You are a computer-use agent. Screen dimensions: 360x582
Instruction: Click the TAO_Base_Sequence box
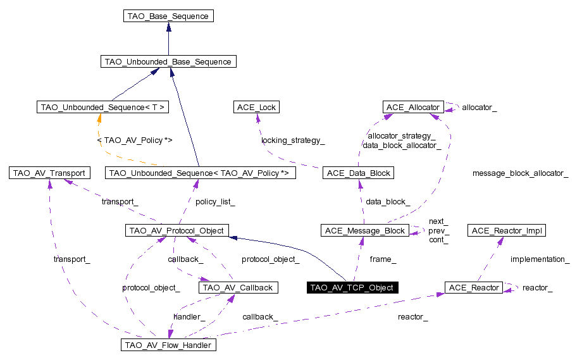pyautogui.click(x=168, y=16)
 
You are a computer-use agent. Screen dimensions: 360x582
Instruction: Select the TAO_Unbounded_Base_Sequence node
pyautogui.click(x=168, y=61)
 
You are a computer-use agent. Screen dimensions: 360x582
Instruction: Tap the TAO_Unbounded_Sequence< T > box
pyautogui.click(x=102, y=107)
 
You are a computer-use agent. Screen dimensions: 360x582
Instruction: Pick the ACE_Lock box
pyautogui.click(x=256, y=107)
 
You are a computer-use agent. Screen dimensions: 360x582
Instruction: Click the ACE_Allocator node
pyautogui.click(x=413, y=107)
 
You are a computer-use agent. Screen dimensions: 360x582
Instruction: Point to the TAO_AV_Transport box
pyautogui.click(x=49, y=173)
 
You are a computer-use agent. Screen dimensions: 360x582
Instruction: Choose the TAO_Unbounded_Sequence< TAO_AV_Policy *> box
pyautogui.click(x=200, y=173)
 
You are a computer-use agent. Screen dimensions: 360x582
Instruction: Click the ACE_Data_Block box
pyautogui.click(x=358, y=173)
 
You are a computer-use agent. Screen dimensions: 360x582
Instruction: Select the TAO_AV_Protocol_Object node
pyautogui.click(x=176, y=230)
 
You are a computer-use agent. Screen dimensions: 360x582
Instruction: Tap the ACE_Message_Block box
pyautogui.click(x=365, y=230)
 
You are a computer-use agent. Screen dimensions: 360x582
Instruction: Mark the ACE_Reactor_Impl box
pyautogui.click(x=506, y=230)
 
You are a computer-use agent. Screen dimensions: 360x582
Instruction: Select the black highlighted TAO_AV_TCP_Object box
pyautogui.click(x=352, y=287)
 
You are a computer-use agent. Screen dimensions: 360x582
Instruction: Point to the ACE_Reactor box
pyautogui.click(x=474, y=287)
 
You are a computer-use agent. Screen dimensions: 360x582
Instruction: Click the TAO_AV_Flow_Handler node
pyautogui.click(x=168, y=345)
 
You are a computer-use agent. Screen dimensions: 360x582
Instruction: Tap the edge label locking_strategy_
pyautogui.click(x=293, y=140)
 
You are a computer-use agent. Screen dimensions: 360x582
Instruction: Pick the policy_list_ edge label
pyautogui.click(x=215, y=202)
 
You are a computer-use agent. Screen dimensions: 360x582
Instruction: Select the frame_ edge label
pyautogui.click(x=383, y=259)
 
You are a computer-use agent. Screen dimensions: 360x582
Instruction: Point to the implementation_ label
pyautogui.click(x=540, y=259)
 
